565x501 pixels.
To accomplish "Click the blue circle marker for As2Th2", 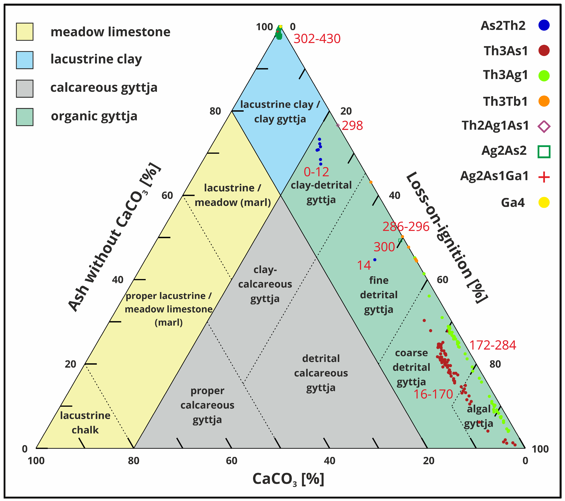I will pyautogui.click(x=544, y=25).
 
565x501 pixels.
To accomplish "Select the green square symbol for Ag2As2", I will pyautogui.click(x=544, y=152).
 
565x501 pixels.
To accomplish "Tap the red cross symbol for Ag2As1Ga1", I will pyautogui.click(x=544, y=177).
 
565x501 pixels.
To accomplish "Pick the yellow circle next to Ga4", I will pyautogui.click(x=544, y=203).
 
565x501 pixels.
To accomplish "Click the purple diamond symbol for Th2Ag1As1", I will pyautogui.click(x=544, y=127).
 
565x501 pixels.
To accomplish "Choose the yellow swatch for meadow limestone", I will pyautogui.click(x=25, y=32).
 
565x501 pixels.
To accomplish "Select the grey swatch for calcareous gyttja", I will pyautogui.click(x=25, y=89).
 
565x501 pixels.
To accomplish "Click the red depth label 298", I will pyautogui.click(x=352, y=126).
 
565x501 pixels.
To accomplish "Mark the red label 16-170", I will pyautogui.click(x=433, y=394).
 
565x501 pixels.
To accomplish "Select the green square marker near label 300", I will pyautogui.click(x=400, y=240).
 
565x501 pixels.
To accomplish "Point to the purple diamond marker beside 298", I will pyautogui.click(x=338, y=125).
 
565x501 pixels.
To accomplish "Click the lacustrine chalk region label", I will pyautogui.click(x=85, y=422).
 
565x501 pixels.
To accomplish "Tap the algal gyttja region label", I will pyautogui.click(x=478, y=416).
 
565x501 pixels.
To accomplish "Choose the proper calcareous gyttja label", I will pyautogui.click(x=207, y=405).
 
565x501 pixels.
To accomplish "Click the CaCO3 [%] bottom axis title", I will pyautogui.click(x=288, y=479).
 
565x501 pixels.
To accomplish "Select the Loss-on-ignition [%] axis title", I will pyautogui.click(x=446, y=238).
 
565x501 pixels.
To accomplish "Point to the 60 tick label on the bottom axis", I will pyautogui.click(x=231, y=461).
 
